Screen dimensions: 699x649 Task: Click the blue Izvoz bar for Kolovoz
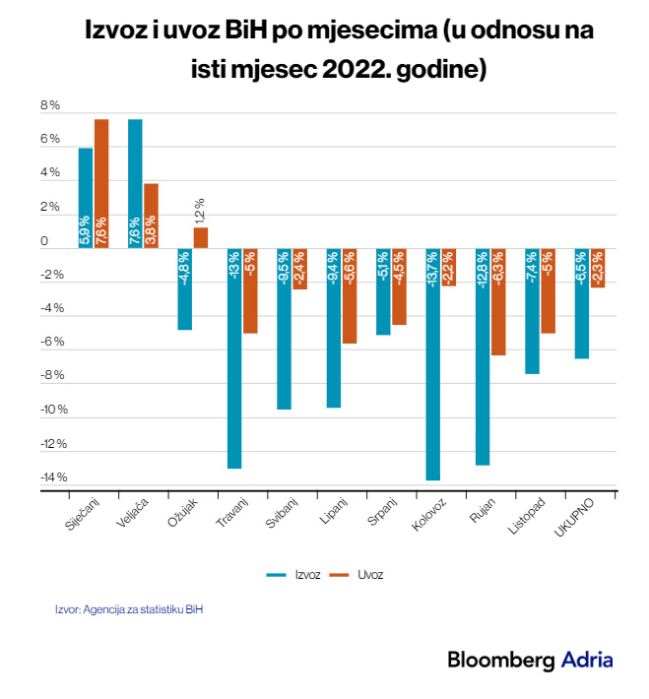point(433,364)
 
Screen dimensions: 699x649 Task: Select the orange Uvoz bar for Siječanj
point(101,183)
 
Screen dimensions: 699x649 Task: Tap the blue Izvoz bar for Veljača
point(135,183)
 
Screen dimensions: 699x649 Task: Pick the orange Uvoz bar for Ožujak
point(201,238)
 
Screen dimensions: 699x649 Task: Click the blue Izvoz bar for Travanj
point(234,358)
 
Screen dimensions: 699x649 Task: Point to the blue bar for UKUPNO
point(582,304)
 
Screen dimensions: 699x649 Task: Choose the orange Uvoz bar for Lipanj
point(350,296)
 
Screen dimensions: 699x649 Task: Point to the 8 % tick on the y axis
point(50,105)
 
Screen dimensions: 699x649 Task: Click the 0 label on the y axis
point(44,241)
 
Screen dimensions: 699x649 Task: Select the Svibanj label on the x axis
point(283,514)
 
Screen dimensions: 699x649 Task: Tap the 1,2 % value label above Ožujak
point(200,210)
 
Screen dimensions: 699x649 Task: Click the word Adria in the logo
point(587,661)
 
